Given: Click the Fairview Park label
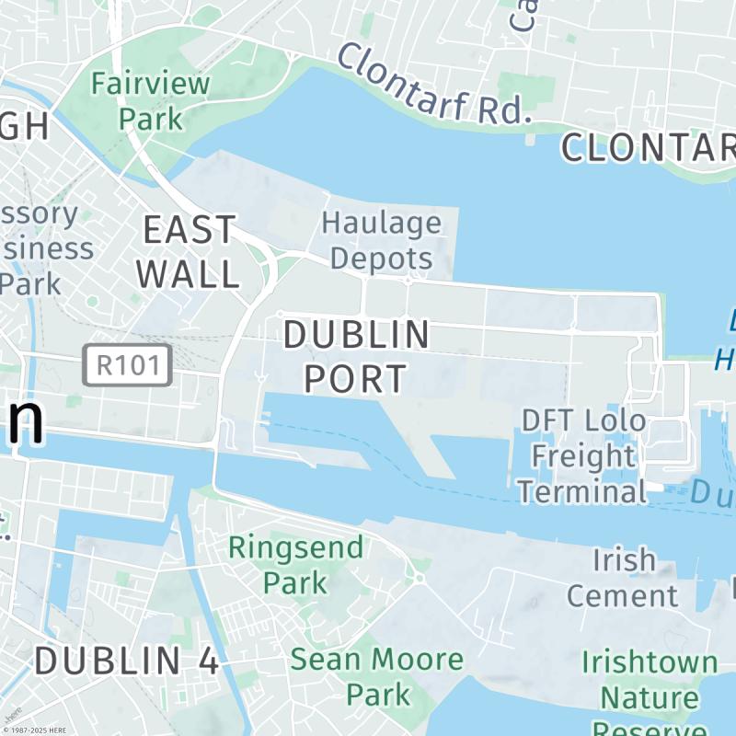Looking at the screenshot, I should click(151, 100).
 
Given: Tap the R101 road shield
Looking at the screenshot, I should click(128, 365).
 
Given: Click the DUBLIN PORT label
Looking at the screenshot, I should click(356, 356).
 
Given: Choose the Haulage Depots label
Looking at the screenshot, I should click(381, 239).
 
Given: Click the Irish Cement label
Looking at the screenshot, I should click(622, 577).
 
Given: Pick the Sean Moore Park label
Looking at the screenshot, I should click(377, 676).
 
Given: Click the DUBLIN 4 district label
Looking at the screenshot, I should click(128, 661).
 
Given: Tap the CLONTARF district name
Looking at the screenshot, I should click(649, 147).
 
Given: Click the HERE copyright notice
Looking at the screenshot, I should click(34, 730).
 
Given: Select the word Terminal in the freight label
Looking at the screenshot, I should click(581, 491).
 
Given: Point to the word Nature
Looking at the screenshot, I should click(650, 697).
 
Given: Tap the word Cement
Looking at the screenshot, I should click(622, 594).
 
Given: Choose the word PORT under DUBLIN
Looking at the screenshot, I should click(356, 378).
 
